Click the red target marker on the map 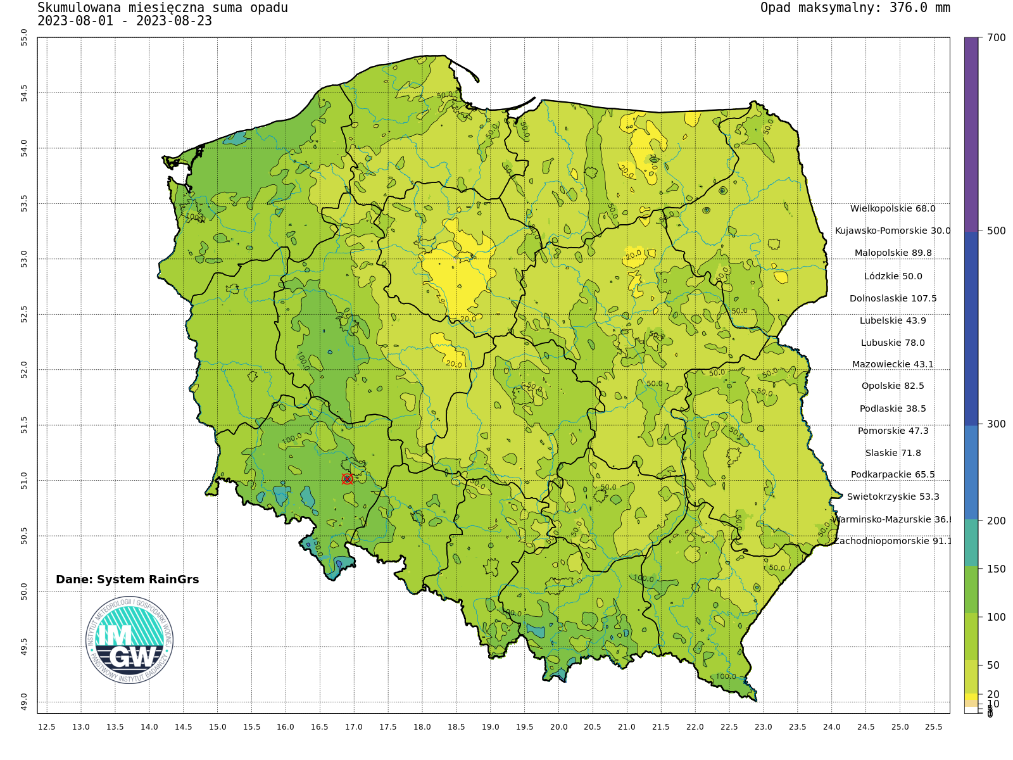pyautogui.click(x=347, y=479)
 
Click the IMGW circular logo pyautogui.click(x=129, y=640)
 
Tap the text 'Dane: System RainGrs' pyautogui.click(x=127, y=579)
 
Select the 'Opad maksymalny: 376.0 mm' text pyautogui.click(x=855, y=8)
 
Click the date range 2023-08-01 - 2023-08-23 pyautogui.click(x=125, y=21)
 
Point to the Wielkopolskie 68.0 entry pyautogui.click(x=893, y=208)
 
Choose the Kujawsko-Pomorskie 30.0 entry pyautogui.click(x=893, y=231)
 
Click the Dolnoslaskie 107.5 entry pyautogui.click(x=893, y=298)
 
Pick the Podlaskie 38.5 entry pyautogui.click(x=893, y=408)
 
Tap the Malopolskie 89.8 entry pyautogui.click(x=893, y=253)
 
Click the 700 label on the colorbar pyautogui.click(x=996, y=38)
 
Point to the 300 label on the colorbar pyautogui.click(x=996, y=424)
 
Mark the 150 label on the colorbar pyautogui.click(x=996, y=569)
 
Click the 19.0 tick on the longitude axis pyautogui.click(x=491, y=727)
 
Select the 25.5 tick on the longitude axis pyautogui.click(x=934, y=727)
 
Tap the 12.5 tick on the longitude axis pyautogui.click(x=47, y=727)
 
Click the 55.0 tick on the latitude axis pyautogui.click(x=24, y=37)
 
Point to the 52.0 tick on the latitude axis pyautogui.click(x=24, y=369)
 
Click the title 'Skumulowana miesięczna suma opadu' pyautogui.click(x=163, y=8)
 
